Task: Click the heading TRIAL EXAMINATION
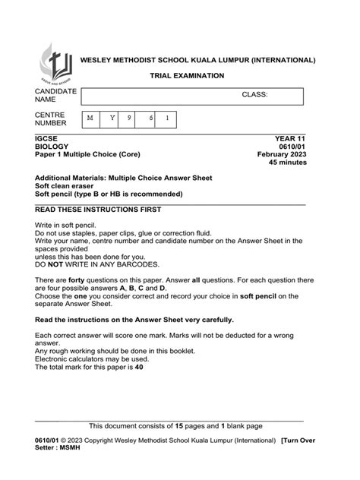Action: point(186,76)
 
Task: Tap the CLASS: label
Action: point(255,96)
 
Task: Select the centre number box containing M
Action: point(91,118)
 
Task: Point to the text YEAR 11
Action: point(289,138)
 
